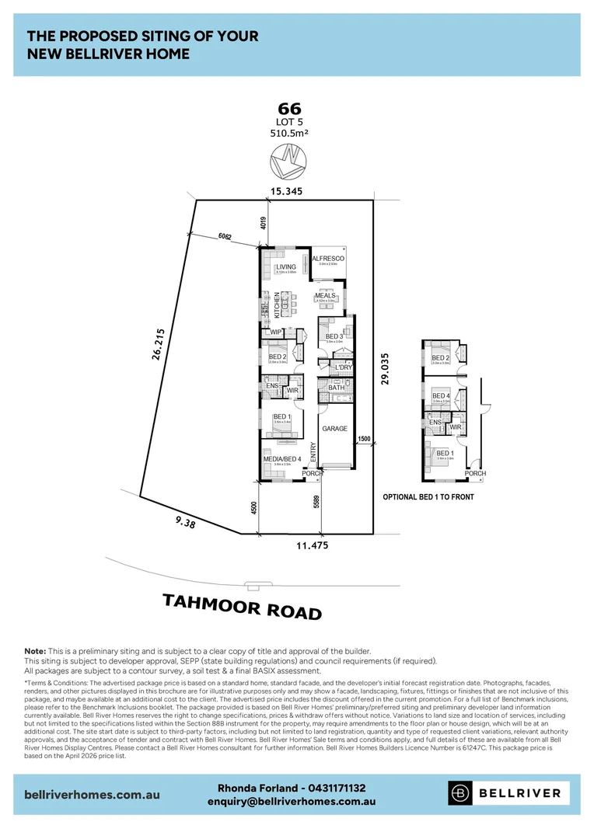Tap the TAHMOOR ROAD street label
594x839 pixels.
tap(242, 606)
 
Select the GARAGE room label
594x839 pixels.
tap(335, 428)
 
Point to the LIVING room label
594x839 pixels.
tap(285, 266)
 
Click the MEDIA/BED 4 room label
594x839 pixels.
tap(282, 458)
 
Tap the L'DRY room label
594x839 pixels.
tap(344, 367)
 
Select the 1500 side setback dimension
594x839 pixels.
tap(364, 439)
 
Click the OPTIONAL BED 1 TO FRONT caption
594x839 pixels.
tap(428, 496)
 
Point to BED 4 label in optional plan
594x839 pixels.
tap(441, 396)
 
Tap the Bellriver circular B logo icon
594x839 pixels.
tap(461, 793)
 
